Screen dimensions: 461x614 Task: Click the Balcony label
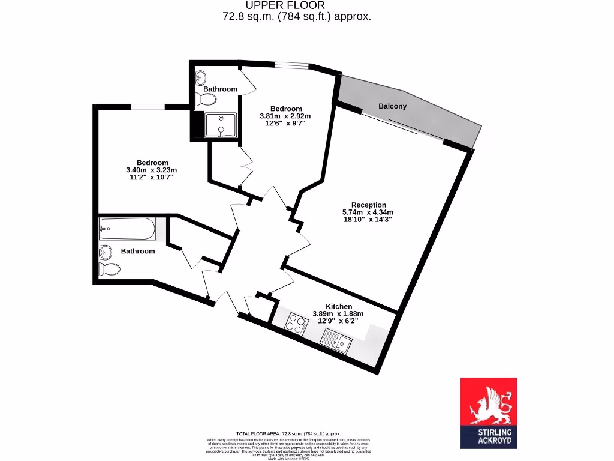(393, 106)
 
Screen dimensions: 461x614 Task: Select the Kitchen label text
(339, 306)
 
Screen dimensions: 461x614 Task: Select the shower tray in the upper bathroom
(221, 125)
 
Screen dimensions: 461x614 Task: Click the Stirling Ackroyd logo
(488, 413)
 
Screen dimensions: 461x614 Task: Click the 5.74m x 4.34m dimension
(368, 212)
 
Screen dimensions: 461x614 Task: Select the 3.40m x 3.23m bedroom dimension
(152, 170)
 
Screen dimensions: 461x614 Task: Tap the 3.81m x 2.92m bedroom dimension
(285, 116)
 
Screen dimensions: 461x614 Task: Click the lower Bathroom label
(138, 251)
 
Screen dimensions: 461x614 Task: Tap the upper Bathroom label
(220, 89)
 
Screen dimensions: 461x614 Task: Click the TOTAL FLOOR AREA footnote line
(288, 433)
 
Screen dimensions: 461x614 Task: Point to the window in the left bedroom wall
(148, 107)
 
